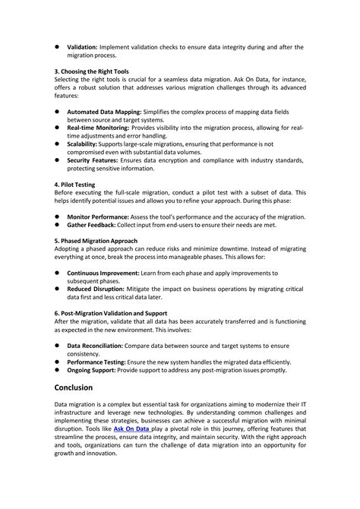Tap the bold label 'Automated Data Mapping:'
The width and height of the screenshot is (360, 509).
[109, 112]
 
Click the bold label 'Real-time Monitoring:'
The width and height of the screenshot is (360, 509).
[103, 128]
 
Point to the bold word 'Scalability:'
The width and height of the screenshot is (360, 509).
[87, 144]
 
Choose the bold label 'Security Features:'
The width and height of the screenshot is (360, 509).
[98, 161]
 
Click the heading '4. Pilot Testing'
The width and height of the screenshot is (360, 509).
[75, 185]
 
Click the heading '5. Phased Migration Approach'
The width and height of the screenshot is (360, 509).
[96, 241]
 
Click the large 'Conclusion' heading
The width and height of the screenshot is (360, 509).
[84, 387]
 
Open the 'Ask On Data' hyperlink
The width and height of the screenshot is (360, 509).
[131, 428]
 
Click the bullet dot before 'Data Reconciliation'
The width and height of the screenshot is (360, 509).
[58, 345]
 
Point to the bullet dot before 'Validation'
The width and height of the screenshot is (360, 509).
[58, 46]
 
